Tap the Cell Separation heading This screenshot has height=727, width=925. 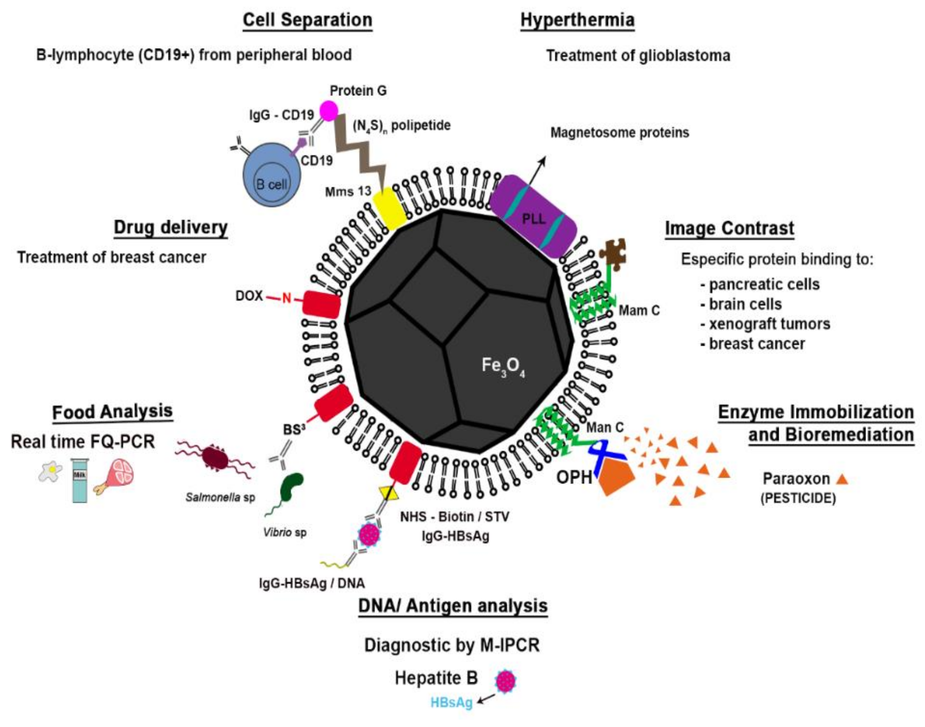[307, 20]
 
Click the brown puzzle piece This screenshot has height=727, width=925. [613, 254]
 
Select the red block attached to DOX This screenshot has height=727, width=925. [322, 304]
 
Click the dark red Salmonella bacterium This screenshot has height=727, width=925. [215, 457]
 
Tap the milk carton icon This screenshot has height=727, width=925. [80, 480]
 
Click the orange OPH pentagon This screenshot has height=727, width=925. [616, 477]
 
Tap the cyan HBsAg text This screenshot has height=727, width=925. [451, 702]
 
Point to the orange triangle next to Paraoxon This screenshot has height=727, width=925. [842, 479]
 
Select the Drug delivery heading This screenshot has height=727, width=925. [171, 228]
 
